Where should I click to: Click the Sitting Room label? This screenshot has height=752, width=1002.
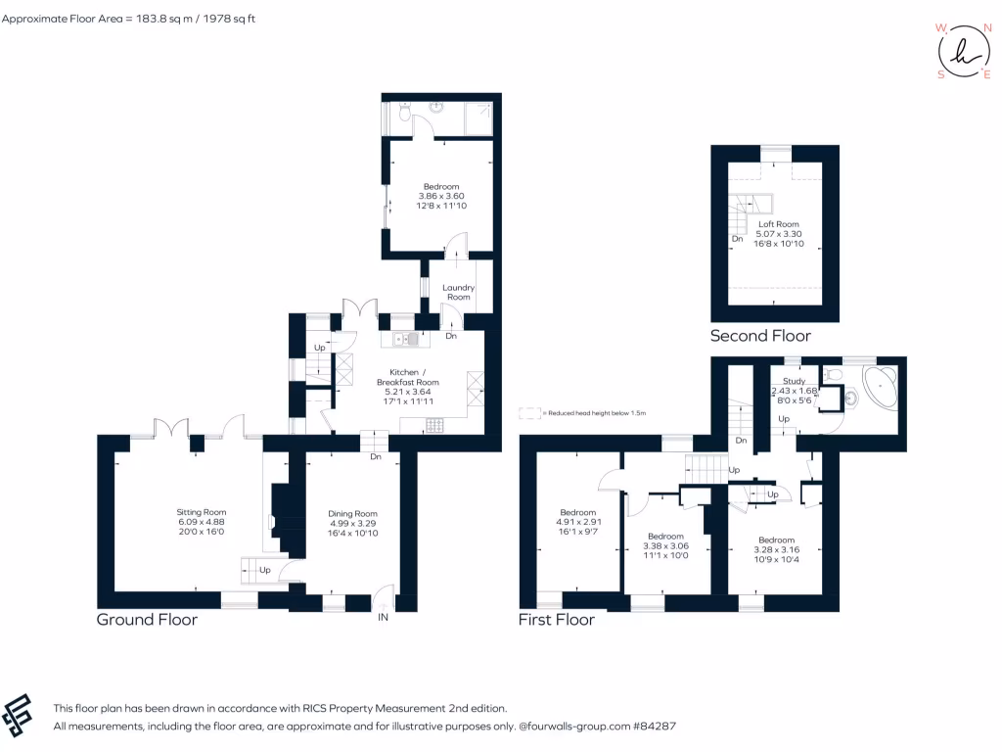(x=201, y=512)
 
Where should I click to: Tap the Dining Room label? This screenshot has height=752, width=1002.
(x=352, y=514)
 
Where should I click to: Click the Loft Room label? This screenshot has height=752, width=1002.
(x=779, y=224)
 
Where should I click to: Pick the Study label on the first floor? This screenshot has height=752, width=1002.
(x=794, y=381)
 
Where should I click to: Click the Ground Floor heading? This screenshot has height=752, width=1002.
(x=147, y=620)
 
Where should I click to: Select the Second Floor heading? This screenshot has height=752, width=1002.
(x=760, y=336)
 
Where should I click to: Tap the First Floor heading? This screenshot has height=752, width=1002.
(x=557, y=620)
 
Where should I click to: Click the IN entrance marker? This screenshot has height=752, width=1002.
(x=383, y=618)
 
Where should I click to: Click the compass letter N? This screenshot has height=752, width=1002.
(x=984, y=27)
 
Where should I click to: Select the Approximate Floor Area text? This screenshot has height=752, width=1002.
(x=128, y=19)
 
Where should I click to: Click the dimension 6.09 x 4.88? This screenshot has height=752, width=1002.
(x=201, y=522)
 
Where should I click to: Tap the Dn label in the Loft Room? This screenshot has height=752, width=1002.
(x=736, y=239)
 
